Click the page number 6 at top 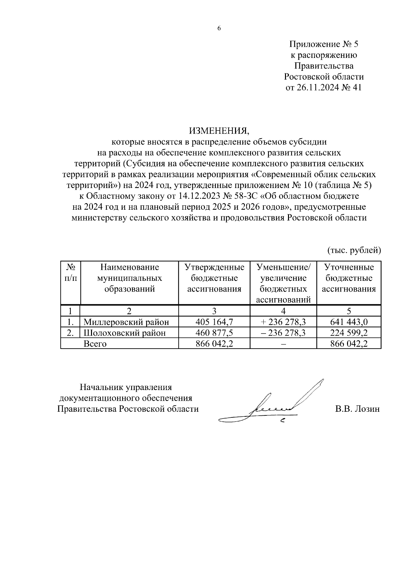219,28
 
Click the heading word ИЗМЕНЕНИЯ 219,131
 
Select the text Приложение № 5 323,44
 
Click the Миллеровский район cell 126,322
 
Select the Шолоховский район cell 124,333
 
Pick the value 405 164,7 214,322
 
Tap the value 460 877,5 214,333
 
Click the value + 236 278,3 283,322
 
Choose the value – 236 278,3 283,333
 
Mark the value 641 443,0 349,322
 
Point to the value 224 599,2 349,333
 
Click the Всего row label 95,344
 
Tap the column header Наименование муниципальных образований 129,278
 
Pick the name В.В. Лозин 357,409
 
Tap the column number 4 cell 283,311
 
